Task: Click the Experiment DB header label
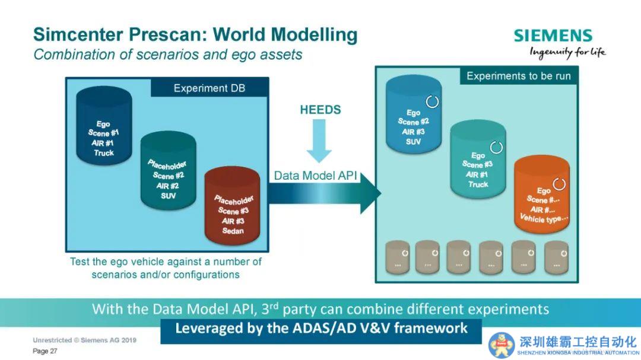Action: [210, 88]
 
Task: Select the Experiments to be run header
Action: [518, 76]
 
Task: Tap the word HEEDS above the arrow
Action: [320, 110]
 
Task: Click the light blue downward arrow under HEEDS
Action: [319, 141]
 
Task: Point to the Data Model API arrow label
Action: [316, 176]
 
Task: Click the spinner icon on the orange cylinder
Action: [559, 183]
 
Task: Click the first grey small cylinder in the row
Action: [397, 257]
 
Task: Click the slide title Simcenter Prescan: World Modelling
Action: [195, 34]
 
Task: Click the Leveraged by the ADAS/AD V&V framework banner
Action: [321, 329]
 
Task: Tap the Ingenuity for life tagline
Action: [567, 52]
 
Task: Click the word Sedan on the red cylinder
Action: [233, 231]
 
